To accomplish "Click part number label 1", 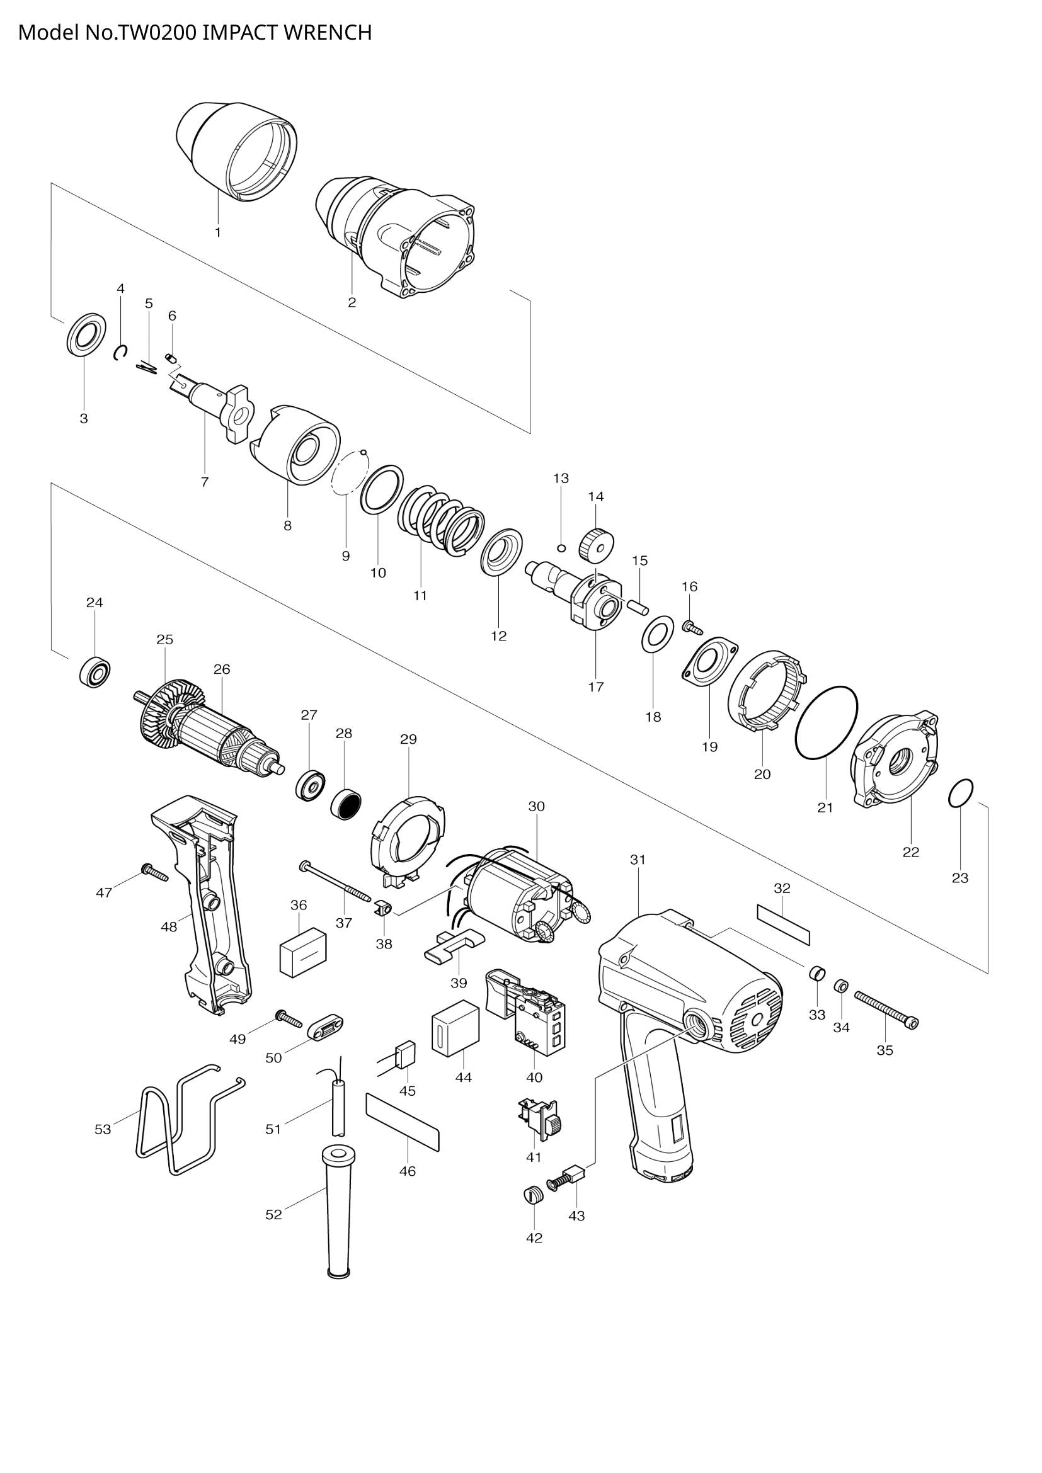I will tap(217, 232).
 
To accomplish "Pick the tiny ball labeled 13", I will tap(561, 547).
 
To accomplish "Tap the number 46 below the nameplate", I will tap(408, 1171).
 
